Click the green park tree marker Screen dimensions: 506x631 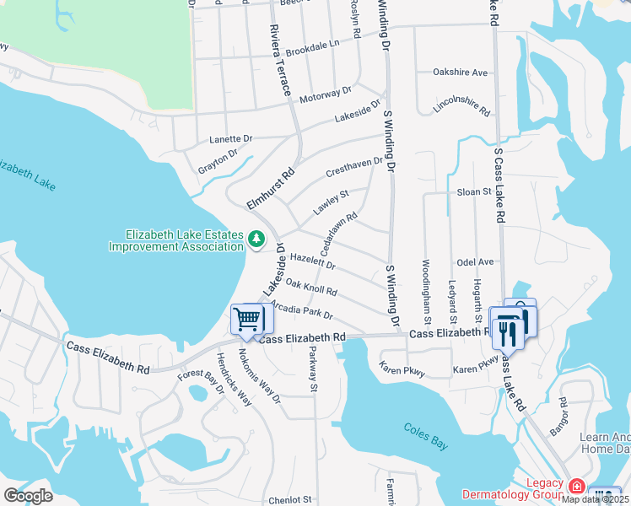click(256, 240)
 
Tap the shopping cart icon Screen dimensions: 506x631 click(248, 319)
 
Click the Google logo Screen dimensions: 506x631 click(29, 496)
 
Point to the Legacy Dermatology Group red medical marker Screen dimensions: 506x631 click(577, 487)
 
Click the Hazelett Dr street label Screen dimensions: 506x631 click(313, 261)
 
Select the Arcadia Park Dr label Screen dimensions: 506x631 click(304, 311)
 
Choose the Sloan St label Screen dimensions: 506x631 click(474, 192)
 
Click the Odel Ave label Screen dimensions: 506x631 click(474, 262)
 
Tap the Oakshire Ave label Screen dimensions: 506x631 click(461, 73)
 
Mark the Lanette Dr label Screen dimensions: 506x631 click(230, 138)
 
